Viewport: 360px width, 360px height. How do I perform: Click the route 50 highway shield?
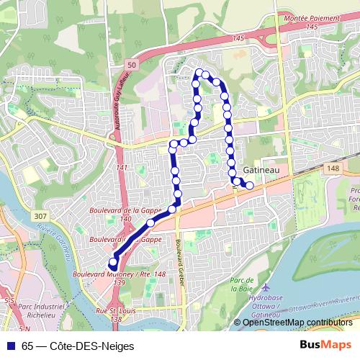[x=131, y=65]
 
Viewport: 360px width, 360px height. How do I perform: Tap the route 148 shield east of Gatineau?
[x=332, y=168]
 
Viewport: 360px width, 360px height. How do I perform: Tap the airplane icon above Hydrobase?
[x=266, y=286]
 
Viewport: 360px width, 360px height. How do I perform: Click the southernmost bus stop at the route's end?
[x=113, y=263]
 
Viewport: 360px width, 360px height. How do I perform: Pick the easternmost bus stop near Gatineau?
[x=250, y=186]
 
